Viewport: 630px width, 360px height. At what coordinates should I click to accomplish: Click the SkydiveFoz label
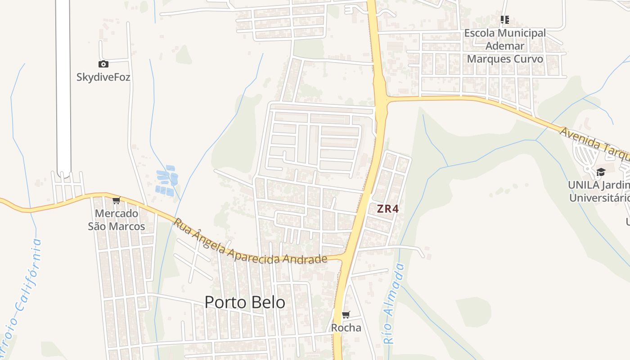point(103,77)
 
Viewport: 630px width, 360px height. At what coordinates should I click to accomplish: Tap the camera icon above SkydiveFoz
point(103,64)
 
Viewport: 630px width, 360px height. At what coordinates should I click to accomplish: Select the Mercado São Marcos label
point(116,219)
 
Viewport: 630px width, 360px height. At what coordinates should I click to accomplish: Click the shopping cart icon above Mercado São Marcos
point(117,201)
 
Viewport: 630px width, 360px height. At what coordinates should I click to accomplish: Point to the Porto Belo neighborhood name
point(245,302)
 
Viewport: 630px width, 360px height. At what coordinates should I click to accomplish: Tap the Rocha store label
point(346,328)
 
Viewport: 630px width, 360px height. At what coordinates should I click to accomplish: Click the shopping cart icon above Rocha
point(346,315)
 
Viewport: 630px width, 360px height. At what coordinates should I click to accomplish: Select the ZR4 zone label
point(388,209)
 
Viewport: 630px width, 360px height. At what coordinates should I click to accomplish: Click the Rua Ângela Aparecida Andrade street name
point(250,243)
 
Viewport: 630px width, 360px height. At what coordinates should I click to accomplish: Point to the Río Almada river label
point(393,304)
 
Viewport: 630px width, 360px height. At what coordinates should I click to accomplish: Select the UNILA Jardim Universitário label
point(599,191)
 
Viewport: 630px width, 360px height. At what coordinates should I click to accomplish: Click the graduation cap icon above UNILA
point(600,172)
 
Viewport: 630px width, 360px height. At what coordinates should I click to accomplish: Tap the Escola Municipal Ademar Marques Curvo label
point(505,46)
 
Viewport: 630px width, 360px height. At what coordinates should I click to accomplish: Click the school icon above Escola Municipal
point(505,20)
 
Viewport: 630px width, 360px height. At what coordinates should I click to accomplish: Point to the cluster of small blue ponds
point(166,182)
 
